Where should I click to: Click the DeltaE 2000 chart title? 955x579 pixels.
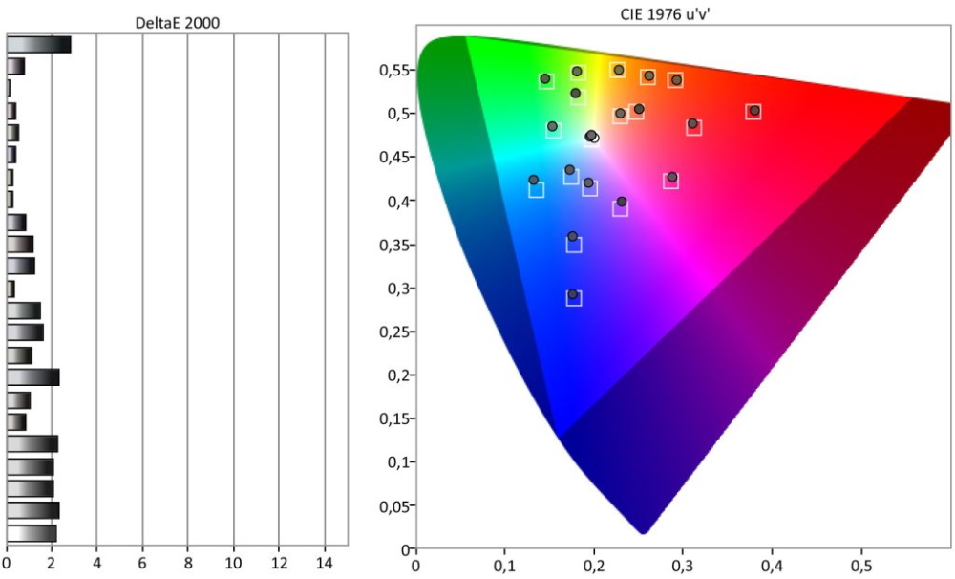[x=178, y=23]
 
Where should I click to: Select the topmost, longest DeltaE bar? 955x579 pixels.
[x=39, y=45]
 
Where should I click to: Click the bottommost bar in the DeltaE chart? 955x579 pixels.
[x=32, y=533]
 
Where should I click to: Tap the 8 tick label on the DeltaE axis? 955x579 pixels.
[x=187, y=563]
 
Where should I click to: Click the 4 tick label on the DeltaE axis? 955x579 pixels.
[x=96, y=563]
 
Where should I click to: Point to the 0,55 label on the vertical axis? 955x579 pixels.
[x=393, y=71]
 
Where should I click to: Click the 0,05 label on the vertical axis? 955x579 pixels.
[x=393, y=505]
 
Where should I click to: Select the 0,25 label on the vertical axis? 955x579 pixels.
[x=393, y=332]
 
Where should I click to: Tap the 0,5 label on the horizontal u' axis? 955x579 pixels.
[x=861, y=567]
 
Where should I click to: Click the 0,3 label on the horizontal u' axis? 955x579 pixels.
[x=683, y=567]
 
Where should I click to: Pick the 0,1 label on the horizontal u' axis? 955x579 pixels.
[x=505, y=567]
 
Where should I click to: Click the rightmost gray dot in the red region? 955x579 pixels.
[x=754, y=110]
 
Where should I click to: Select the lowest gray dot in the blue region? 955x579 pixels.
[x=572, y=294]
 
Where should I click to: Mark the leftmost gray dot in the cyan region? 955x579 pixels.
[x=534, y=180]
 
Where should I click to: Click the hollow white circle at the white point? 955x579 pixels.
[x=594, y=139]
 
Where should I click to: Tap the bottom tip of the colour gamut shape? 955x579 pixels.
[x=643, y=534]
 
